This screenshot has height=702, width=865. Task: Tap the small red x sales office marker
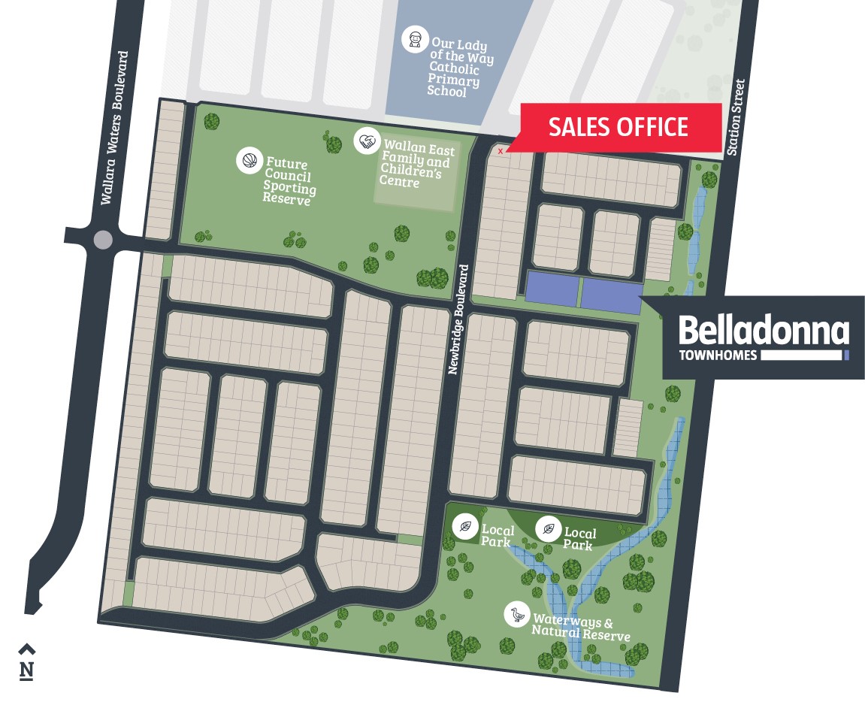(x=501, y=151)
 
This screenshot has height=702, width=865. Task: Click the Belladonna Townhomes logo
(x=763, y=337)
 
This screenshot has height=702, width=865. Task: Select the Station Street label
(x=737, y=117)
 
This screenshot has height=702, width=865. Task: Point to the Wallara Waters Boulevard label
(x=115, y=128)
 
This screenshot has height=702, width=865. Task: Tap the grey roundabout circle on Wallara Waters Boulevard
(x=103, y=241)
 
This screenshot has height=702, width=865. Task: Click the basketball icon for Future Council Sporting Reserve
(x=248, y=161)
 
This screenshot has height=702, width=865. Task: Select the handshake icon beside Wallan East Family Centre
(x=366, y=141)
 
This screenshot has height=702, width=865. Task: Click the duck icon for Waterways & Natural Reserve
(x=516, y=615)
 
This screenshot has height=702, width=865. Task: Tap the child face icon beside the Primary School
(x=414, y=38)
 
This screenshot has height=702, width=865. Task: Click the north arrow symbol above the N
(x=26, y=649)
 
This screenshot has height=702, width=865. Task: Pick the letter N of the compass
(x=26, y=670)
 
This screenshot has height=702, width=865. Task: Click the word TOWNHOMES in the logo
(x=718, y=356)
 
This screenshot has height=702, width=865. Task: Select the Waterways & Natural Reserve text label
(x=579, y=628)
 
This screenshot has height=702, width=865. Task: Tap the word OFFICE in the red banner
(x=649, y=127)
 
